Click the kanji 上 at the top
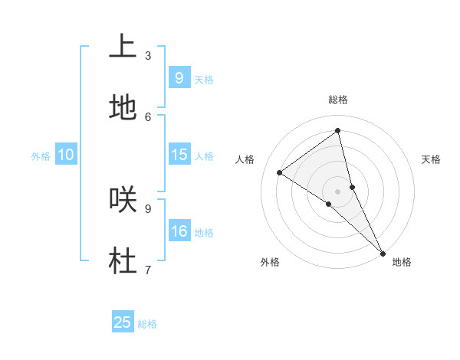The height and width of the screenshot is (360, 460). pos(123,47)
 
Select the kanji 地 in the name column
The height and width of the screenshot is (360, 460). pos(123,108)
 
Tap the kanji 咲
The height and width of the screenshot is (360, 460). pos(123,199)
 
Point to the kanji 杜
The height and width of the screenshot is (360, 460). pos(123,260)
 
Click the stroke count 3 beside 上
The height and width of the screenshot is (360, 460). pos(148,55)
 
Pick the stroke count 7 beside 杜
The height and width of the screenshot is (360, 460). pos(148,269)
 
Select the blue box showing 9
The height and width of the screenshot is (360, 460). pos(179,77)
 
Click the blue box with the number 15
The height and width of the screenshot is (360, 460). pos(179,155)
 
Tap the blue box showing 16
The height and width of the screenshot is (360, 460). pos(179,231)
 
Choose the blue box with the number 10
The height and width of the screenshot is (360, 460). pos(66,155)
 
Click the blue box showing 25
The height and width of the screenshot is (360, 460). pos(123,322)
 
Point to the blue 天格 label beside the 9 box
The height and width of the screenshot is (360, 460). pos(204,80)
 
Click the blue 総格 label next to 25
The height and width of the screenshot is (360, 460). pos(147,325)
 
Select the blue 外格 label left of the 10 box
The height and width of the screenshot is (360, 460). pos(41,156)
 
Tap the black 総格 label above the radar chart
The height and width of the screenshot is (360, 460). pos(338,100)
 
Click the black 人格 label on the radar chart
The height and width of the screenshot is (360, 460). pos(245,159)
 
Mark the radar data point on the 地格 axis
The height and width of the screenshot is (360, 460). pos(383,252)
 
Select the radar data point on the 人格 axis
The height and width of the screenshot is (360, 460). pos(280,172)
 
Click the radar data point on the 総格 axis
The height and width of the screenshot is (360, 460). pos(338,131)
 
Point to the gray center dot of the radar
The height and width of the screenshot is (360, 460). pos(338,191)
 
